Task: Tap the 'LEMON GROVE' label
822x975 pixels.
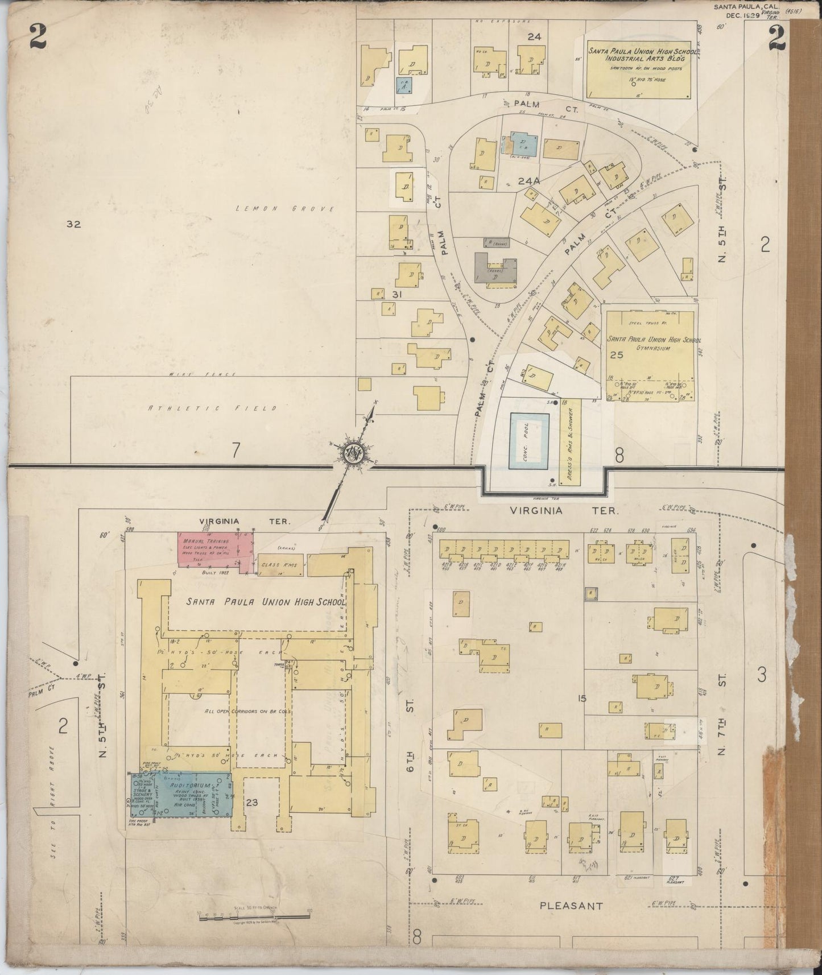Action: (x=285, y=209)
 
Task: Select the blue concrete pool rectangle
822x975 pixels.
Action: (x=529, y=441)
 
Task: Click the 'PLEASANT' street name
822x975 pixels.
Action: (x=570, y=905)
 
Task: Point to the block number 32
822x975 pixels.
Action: (x=73, y=224)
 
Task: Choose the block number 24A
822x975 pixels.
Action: (x=528, y=181)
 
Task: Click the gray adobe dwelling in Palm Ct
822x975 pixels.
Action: (x=495, y=266)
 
